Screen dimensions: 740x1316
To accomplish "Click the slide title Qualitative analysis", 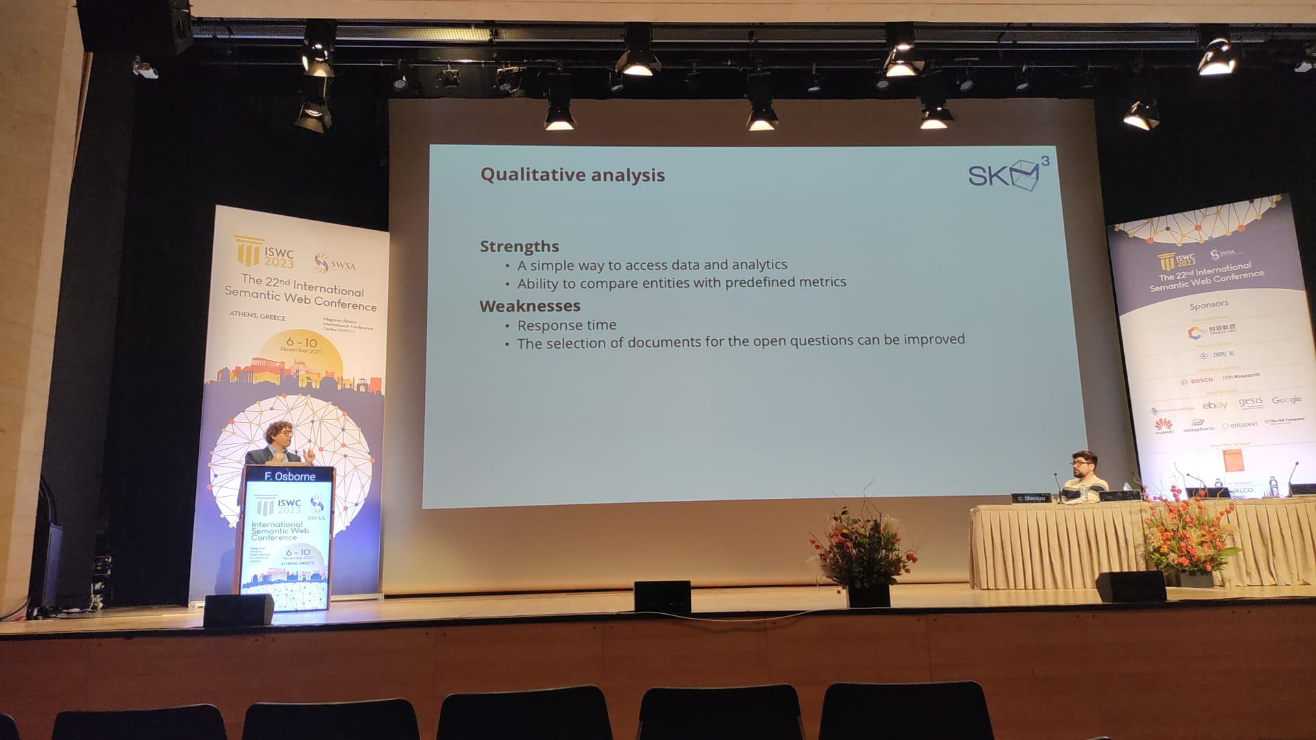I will tap(572, 175).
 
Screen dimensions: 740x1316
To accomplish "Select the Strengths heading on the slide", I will tap(519, 246).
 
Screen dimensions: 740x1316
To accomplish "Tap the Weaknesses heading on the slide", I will tap(530, 306).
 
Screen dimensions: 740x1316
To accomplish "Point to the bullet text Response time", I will tap(566, 325).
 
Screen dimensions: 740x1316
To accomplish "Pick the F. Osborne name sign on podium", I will tap(289, 476).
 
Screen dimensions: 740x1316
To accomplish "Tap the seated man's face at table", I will tap(1082, 468).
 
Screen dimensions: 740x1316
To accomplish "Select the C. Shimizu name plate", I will tap(1031, 498).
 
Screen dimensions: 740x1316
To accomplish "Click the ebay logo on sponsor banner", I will tap(1215, 406).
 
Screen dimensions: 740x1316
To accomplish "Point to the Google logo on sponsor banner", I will tap(1286, 400).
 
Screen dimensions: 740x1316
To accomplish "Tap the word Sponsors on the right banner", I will tap(1208, 304).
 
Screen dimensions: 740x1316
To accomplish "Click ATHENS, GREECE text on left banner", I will tap(257, 316).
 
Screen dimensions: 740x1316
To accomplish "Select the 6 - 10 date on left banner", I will tap(302, 342).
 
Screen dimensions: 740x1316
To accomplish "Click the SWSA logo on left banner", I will tap(335, 263).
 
